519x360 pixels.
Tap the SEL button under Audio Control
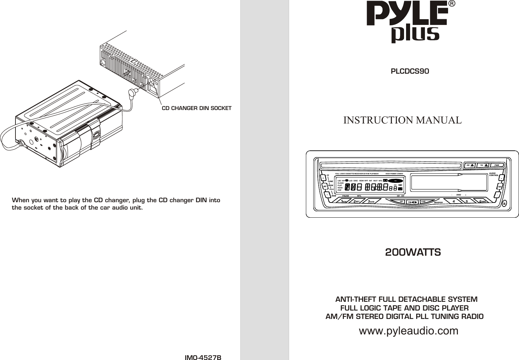coord(500,187)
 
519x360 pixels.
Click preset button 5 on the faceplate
coord(467,202)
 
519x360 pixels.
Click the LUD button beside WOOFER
coord(423,202)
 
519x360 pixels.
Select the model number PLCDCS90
coord(410,72)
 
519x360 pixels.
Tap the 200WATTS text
coord(413,252)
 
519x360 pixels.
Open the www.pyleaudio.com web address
coord(409,331)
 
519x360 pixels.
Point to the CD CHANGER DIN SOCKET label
coord(197,108)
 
